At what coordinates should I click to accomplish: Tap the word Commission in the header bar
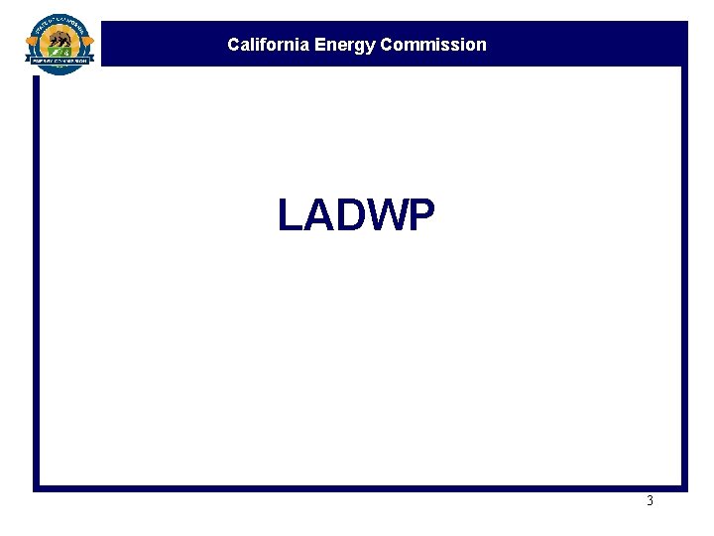point(433,45)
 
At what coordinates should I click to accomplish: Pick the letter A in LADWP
point(314,215)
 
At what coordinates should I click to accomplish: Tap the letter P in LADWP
point(420,215)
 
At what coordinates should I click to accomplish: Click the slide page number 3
point(651,501)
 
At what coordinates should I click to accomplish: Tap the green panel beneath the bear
point(59,52)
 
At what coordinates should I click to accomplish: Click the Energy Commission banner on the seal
point(59,61)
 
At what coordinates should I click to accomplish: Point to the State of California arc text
point(59,22)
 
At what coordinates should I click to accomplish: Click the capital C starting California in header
point(233,45)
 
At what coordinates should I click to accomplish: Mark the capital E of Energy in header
point(321,45)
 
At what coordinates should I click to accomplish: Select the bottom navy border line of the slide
point(357,487)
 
